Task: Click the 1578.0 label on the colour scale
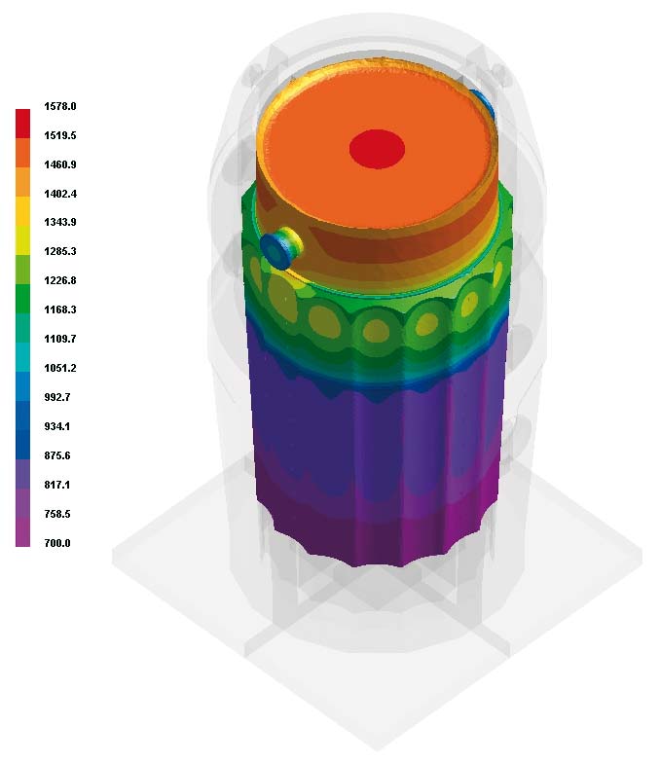60,106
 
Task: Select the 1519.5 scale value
60,135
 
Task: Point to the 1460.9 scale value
60,164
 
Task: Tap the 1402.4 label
60,194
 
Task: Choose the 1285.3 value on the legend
60,251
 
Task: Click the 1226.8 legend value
60,280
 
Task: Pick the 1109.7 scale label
60,339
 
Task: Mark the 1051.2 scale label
60,368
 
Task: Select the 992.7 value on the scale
57,397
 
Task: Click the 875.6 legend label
57,455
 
